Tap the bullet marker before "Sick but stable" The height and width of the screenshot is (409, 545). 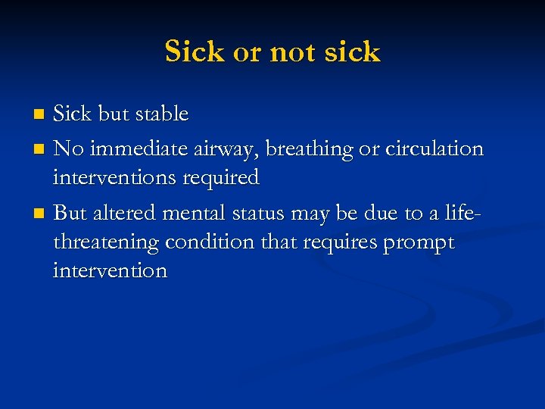tap(40, 115)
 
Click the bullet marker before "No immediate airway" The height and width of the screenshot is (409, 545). tap(40, 149)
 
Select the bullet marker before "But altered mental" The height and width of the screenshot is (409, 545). tap(40, 213)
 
